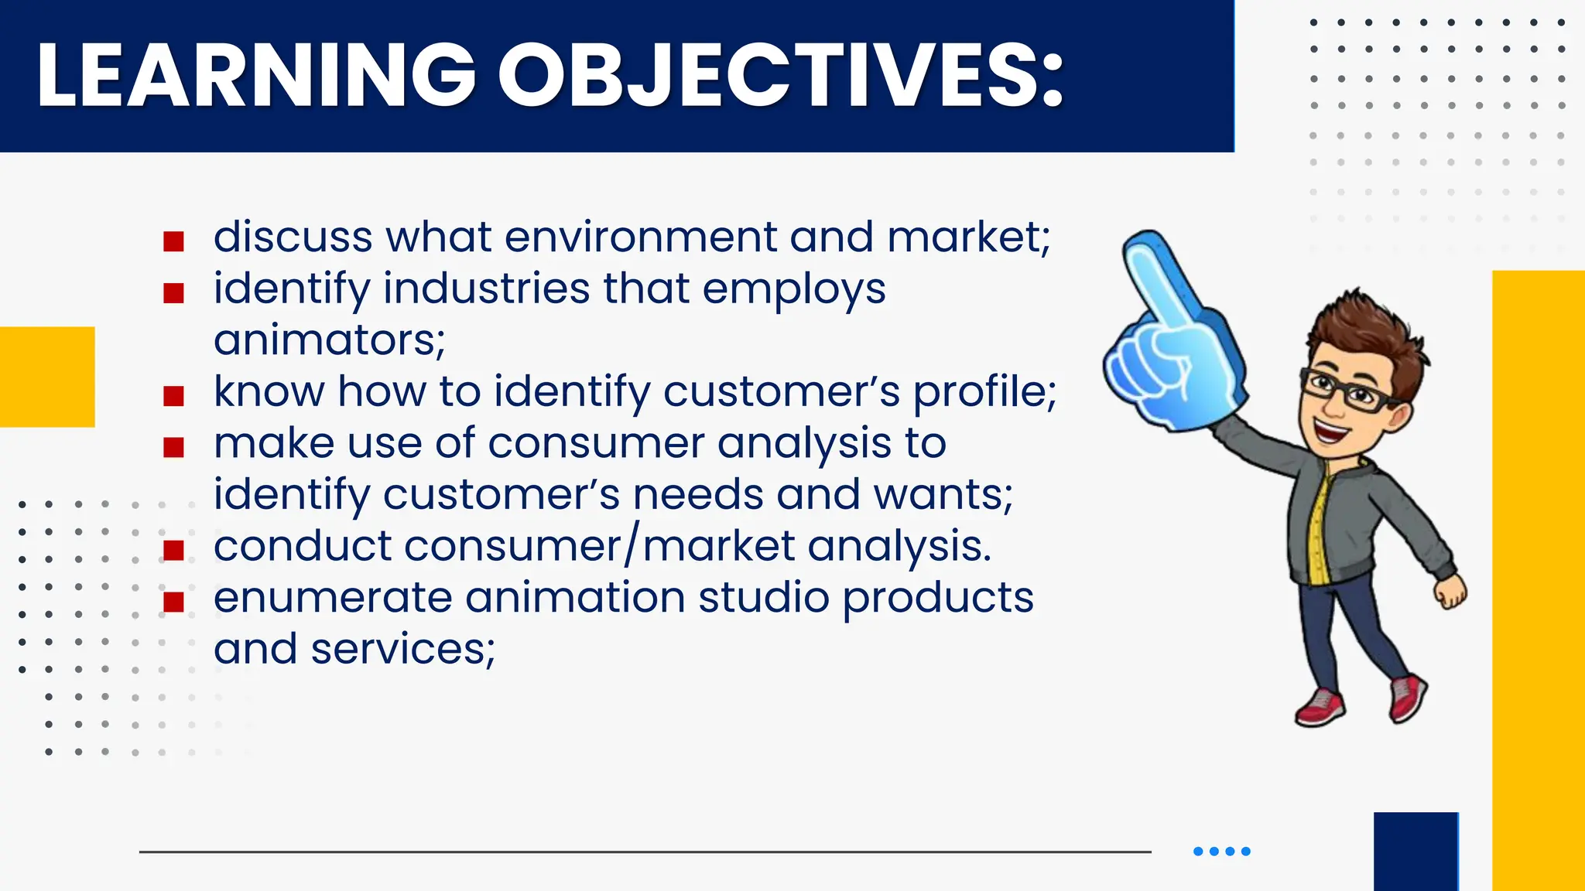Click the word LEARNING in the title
coord(255,74)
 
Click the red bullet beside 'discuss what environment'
coord(173,241)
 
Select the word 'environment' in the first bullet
coord(640,237)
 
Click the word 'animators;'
coord(330,340)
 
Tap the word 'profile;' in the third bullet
coord(984,392)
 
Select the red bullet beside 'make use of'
coord(173,447)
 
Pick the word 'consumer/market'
coord(504,546)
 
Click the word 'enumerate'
coord(333,598)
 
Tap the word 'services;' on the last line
coord(402,650)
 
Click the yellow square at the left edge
coord(47,377)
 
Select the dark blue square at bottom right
coord(1416,851)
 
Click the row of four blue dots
coord(1221,852)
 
